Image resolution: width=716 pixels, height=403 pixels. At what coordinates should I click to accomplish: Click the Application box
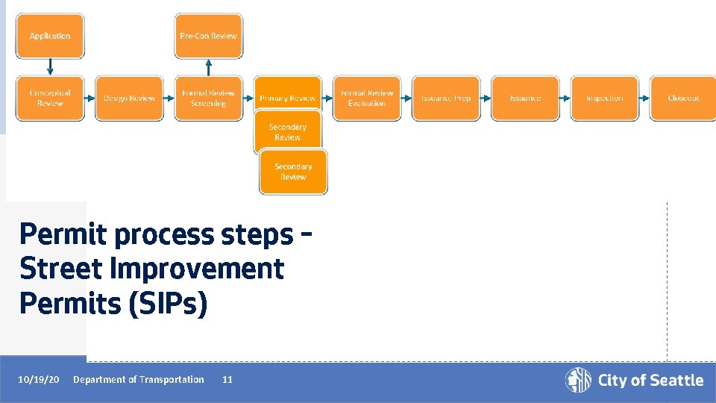(50, 36)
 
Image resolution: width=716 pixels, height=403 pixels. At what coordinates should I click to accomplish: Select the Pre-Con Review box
(208, 36)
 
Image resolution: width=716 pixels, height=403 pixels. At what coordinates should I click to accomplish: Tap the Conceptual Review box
(50, 98)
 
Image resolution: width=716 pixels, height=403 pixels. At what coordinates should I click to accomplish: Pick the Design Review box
(129, 98)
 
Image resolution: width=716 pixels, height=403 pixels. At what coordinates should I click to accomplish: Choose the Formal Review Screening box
(208, 98)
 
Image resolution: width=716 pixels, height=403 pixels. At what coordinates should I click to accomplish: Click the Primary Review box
(287, 98)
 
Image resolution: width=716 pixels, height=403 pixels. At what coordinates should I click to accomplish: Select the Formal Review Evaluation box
(366, 98)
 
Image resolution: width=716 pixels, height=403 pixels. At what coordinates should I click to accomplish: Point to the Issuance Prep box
(445, 98)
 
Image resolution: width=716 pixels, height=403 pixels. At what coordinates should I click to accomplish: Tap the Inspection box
(604, 98)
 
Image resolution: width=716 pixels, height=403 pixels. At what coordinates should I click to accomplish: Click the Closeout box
(683, 98)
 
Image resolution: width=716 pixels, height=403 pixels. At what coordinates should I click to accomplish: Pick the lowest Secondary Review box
(293, 172)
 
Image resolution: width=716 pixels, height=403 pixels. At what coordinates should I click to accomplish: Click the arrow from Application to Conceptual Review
(50, 67)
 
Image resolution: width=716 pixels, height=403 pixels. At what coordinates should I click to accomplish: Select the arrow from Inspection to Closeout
(644, 98)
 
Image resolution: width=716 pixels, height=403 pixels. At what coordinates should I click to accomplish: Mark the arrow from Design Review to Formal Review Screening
(169, 98)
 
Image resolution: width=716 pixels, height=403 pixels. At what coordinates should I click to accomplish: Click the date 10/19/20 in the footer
(39, 380)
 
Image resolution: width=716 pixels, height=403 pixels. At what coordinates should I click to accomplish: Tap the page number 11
(227, 380)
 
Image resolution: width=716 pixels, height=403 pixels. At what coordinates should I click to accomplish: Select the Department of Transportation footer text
(138, 380)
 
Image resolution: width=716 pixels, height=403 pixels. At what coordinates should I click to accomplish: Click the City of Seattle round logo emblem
(578, 380)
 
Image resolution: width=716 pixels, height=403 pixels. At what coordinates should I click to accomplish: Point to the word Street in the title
(66, 269)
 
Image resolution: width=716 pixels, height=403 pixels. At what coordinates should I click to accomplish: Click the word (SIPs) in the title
(168, 304)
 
